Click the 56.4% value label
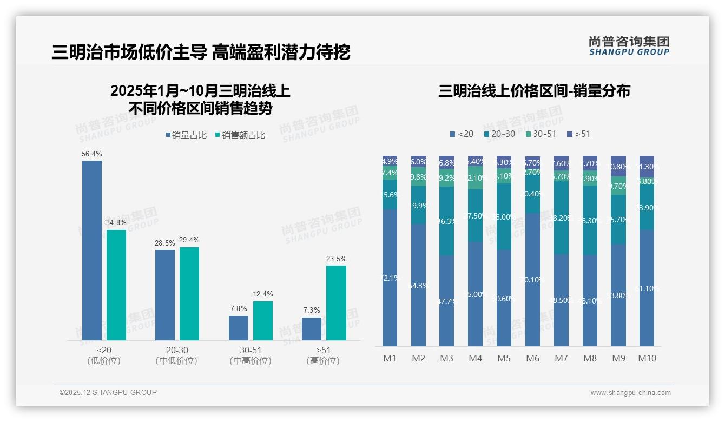[x=91, y=154]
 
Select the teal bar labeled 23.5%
[x=336, y=303]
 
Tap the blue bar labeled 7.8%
[x=239, y=328]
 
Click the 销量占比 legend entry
[x=186, y=135]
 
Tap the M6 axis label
[x=532, y=358]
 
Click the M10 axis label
[x=647, y=358]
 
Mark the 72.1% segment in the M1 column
[x=390, y=278]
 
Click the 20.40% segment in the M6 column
[x=532, y=194]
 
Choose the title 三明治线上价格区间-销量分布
[x=534, y=91]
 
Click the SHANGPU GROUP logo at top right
[x=629, y=46]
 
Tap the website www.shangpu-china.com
[x=630, y=393]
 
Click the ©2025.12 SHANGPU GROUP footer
[x=108, y=392]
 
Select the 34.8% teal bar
[x=116, y=285]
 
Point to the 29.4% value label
[x=189, y=240]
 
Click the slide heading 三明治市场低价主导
[x=129, y=52]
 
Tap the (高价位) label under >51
[x=323, y=361]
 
